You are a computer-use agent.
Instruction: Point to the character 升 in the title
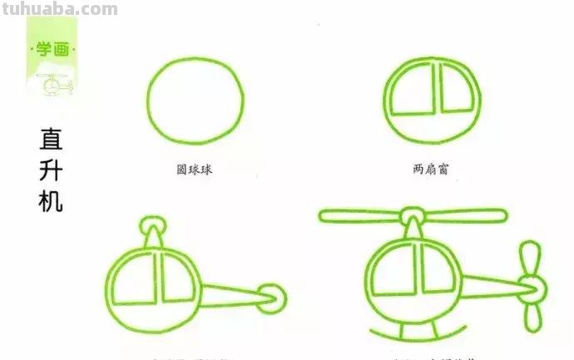point(51,170)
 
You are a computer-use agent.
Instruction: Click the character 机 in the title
point(51,200)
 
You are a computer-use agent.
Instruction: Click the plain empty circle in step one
point(195,101)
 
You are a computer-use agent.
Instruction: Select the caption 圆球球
point(195,170)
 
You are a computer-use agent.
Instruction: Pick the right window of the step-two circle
point(460,92)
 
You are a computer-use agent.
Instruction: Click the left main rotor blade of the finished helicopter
point(360,216)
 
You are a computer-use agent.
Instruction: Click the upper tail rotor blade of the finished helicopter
point(529,260)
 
